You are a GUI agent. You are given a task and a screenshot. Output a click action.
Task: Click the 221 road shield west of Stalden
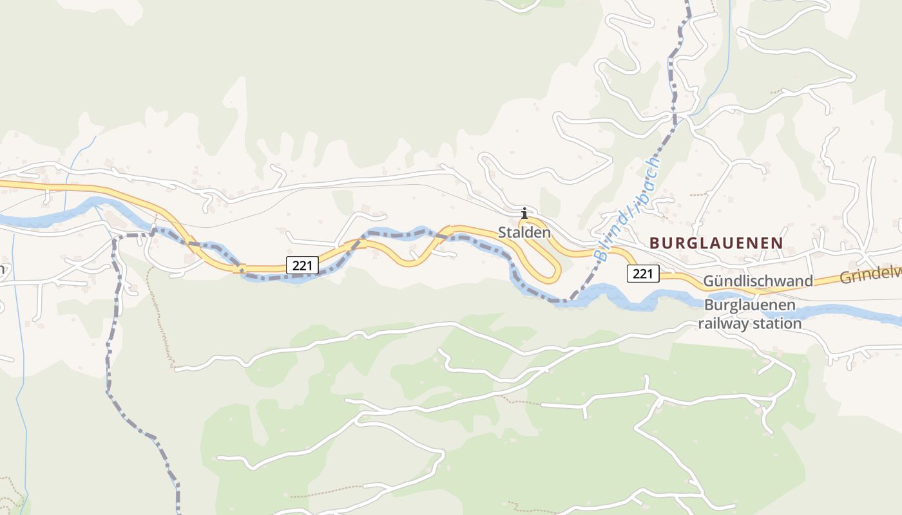(x=302, y=264)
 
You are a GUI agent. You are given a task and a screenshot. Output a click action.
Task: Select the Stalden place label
(x=524, y=232)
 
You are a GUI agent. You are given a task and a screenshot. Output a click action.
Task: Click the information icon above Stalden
(x=524, y=213)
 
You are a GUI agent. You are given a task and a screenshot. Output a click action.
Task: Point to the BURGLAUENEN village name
(x=716, y=243)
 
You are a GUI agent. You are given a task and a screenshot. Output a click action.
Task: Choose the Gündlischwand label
(x=758, y=281)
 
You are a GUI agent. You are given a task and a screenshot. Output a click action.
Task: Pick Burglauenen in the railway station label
(x=749, y=305)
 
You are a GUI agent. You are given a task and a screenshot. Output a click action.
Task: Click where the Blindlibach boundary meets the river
(x=570, y=300)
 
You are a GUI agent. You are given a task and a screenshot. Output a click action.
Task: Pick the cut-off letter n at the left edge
(x=3, y=269)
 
